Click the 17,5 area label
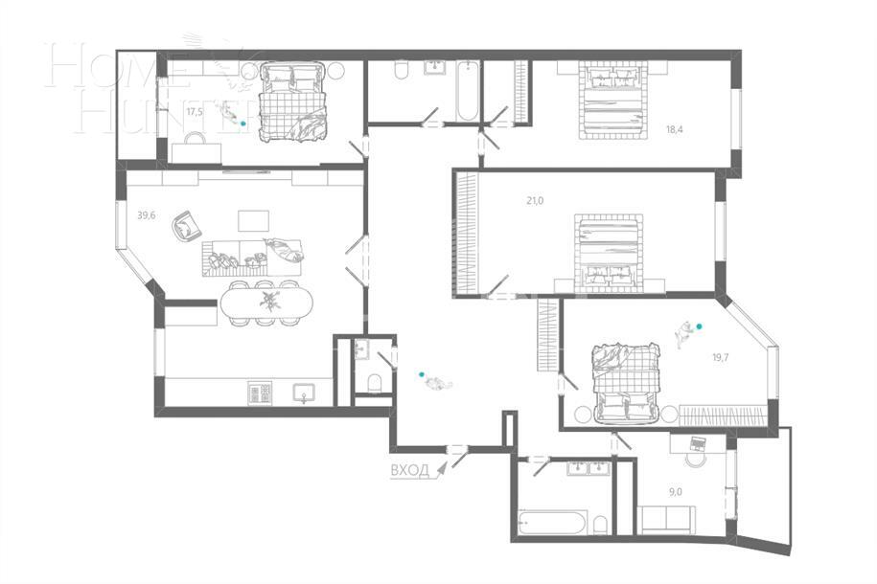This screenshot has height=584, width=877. [195, 112]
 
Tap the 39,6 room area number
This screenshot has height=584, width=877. [146, 215]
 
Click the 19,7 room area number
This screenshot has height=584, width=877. [720, 357]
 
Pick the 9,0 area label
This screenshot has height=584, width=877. [676, 492]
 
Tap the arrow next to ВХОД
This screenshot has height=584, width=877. [441, 469]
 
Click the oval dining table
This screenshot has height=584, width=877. [265, 302]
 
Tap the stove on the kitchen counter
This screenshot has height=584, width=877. [260, 393]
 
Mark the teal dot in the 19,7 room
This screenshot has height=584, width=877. [699, 326]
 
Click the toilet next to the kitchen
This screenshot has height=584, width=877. [374, 384]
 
